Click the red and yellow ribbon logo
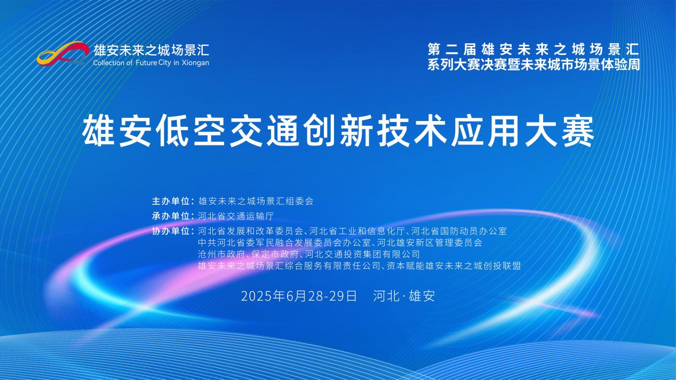tap(63, 53)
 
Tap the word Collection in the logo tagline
tap(109, 63)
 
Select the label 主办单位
tap(171, 201)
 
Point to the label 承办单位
tap(171, 216)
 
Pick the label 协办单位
tap(171, 231)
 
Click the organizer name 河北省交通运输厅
tap(236, 216)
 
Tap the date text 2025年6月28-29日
tap(299, 296)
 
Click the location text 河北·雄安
tap(404, 296)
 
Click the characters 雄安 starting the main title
tap(116, 132)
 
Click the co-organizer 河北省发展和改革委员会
tap(250, 231)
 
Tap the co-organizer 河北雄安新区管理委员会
tap(430, 242)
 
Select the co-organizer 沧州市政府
tap(221, 254)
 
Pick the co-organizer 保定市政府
tap(275, 254)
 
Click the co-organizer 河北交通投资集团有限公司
tap(362, 254)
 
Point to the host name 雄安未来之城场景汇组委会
tap(256, 201)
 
